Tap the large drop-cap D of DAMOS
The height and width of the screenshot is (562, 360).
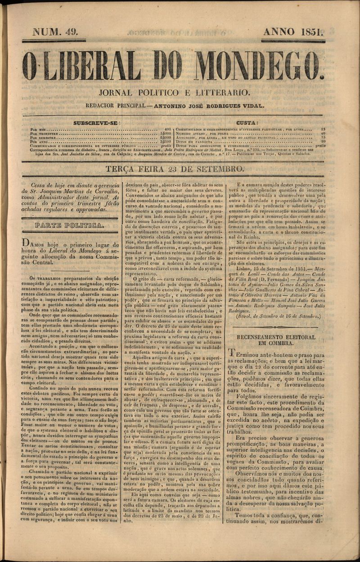point(27,244)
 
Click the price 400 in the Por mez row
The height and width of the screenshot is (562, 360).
point(167,129)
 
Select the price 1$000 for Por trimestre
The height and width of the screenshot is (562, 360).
point(166,133)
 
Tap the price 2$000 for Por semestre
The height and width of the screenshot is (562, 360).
point(166,137)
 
